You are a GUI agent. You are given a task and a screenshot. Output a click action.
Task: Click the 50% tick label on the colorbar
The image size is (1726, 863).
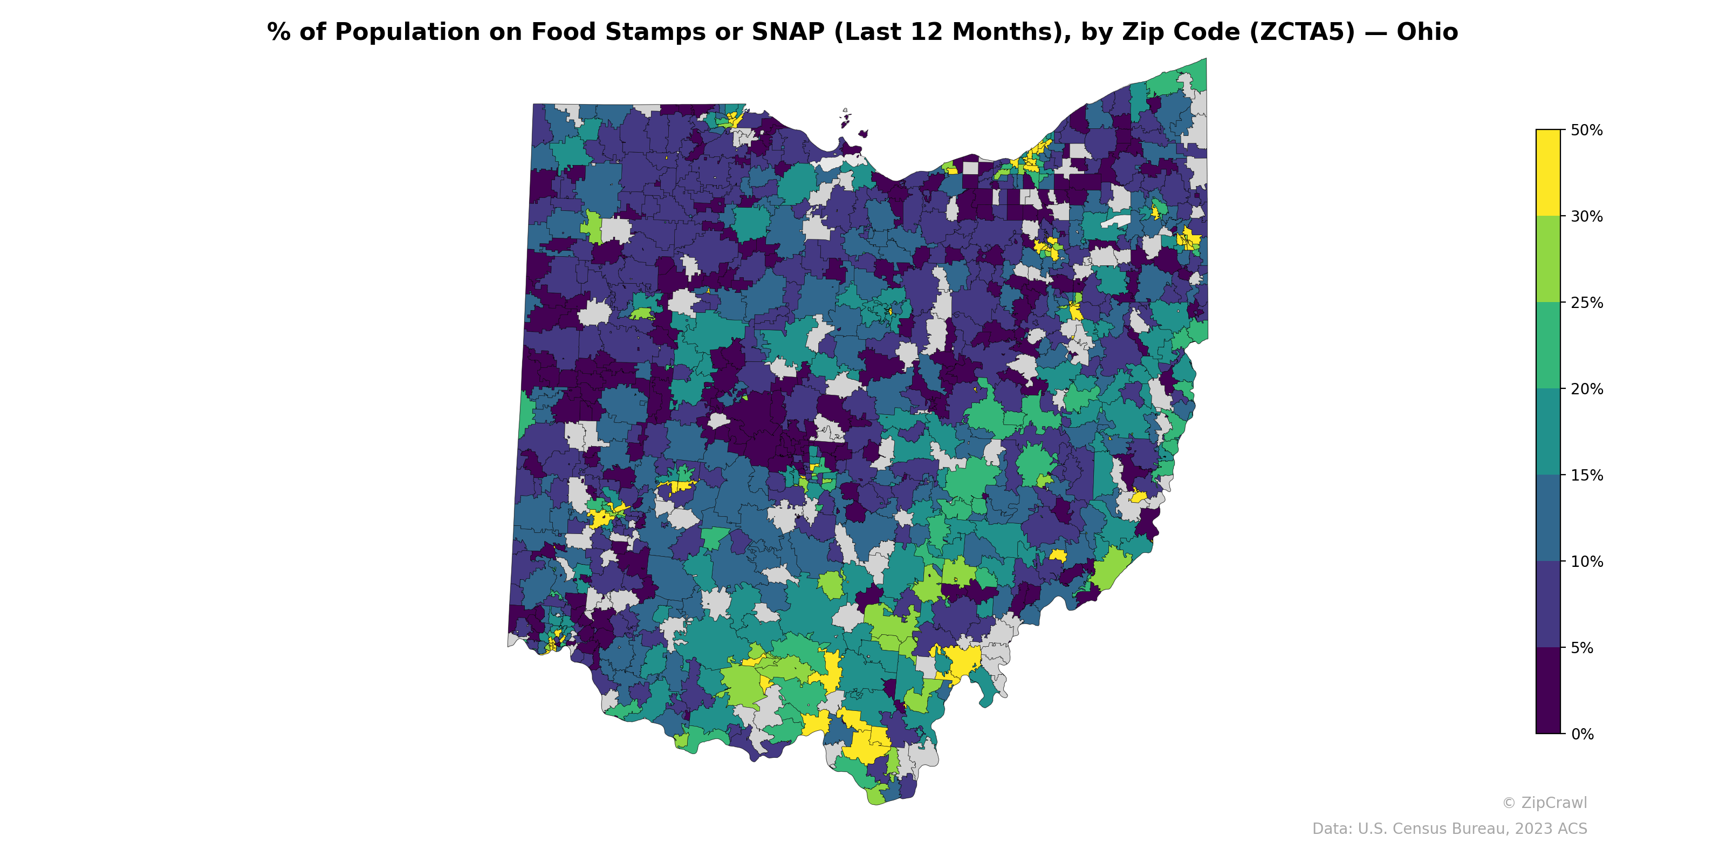tap(1586, 131)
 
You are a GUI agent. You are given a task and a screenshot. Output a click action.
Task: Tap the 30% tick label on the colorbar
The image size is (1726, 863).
tap(1586, 216)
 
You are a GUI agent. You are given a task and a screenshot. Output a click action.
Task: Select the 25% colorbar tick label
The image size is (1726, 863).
tap(1586, 303)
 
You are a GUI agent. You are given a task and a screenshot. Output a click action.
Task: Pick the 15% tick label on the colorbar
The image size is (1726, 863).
tap(1586, 476)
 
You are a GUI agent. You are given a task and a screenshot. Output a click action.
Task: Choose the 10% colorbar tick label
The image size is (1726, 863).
tap(1586, 562)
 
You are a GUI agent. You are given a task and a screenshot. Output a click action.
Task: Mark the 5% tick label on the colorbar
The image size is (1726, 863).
tap(1582, 648)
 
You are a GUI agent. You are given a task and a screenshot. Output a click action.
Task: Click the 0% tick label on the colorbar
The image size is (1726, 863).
tap(1582, 734)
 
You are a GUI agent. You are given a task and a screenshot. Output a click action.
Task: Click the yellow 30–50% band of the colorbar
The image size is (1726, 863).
tap(1548, 173)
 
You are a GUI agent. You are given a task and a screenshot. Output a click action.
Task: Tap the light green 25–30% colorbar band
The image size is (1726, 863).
tap(1548, 259)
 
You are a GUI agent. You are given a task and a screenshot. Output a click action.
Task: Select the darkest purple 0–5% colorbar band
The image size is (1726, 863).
tap(1548, 691)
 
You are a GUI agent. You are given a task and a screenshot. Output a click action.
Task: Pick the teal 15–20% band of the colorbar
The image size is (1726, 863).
tap(1548, 432)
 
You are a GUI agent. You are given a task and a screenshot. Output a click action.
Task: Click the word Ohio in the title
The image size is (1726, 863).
tap(1427, 32)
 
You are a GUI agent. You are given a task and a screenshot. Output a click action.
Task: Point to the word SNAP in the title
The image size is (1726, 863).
tap(788, 32)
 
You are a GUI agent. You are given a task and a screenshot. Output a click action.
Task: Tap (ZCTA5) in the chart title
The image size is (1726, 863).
tap(1302, 32)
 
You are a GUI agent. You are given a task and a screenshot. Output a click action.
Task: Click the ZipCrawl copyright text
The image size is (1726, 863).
tap(1544, 803)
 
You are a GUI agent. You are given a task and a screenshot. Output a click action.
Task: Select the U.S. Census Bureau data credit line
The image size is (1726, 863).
tap(1449, 829)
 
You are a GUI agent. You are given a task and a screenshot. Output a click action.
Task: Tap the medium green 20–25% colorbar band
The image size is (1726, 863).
tap(1548, 346)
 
